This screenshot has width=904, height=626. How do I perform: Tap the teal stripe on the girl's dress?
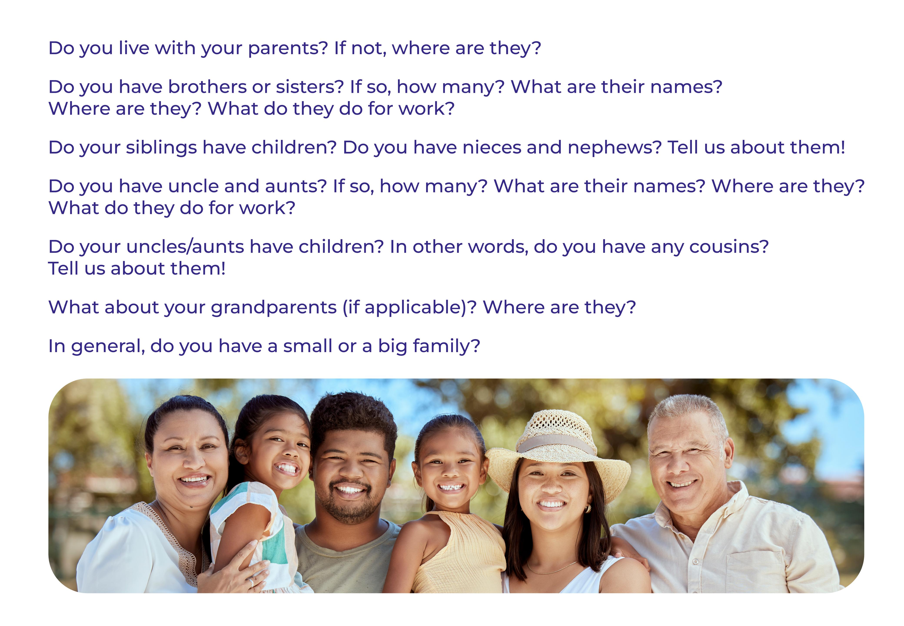(x=277, y=543)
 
